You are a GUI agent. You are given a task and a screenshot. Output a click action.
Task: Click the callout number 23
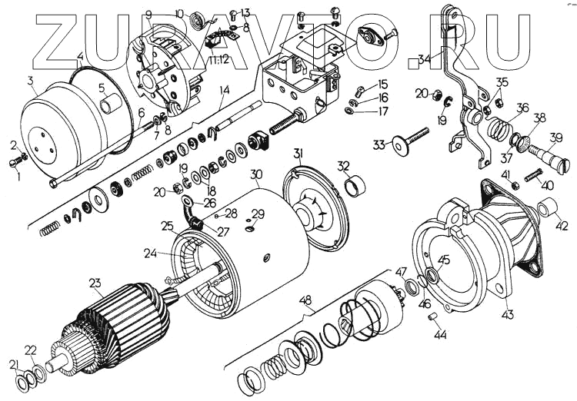point(95,283)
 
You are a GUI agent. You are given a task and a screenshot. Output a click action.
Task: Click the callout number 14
point(224,90)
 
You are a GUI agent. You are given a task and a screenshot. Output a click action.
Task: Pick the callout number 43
point(508,314)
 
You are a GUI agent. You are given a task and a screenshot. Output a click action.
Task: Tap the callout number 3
point(30,81)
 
